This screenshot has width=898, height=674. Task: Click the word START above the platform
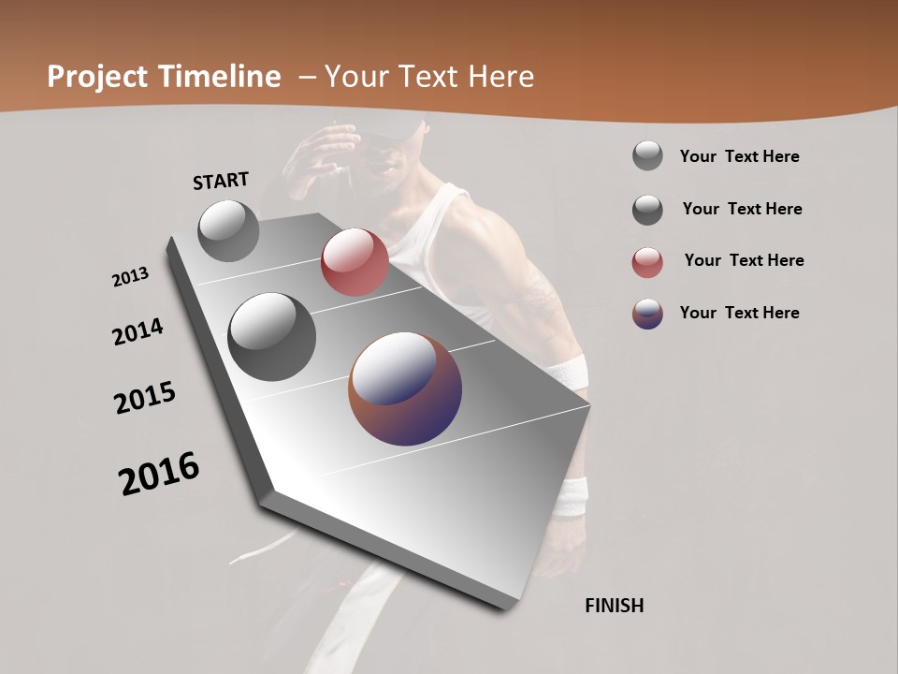click(x=221, y=180)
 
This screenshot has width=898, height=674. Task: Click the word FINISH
click(x=614, y=606)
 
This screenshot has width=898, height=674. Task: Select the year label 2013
click(x=130, y=277)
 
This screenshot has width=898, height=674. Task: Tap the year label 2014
click(x=138, y=331)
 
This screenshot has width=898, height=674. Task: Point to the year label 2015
click(x=145, y=398)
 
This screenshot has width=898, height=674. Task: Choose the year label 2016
click(x=159, y=473)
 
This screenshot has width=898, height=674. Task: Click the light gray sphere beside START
click(x=228, y=230)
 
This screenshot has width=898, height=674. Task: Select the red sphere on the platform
click(x=355, y=262)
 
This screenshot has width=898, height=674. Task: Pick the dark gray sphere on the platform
click(x=271, y=337)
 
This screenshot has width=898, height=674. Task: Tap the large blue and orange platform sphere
click(x=405, y=388)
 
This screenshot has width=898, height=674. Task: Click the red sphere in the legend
click(x=647, y=262)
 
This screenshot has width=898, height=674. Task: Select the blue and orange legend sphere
click(x=647, y=314)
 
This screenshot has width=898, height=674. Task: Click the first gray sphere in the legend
click(x=647, y=155)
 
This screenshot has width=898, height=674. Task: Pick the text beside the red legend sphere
click(x=744, y=260)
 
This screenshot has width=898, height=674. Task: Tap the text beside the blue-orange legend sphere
click(x=739, y=313)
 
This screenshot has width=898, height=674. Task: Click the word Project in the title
click(x=98, y=77)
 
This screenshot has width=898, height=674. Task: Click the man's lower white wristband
click(x=570, y=496)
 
